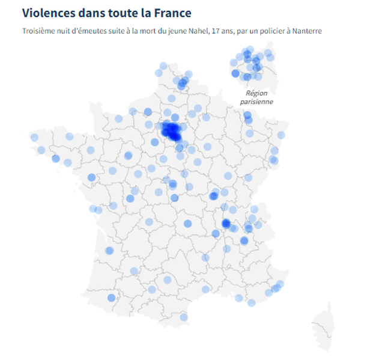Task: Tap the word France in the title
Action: pos(170,13)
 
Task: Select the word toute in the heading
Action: pos(124,13)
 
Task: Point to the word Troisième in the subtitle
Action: pos(39,31)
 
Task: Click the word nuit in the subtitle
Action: pos(67,31)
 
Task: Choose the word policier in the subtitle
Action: pos(275,31)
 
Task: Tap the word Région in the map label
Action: pos(256,93)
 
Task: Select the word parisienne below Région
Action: pos(256,102)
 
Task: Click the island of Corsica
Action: pos(323,328)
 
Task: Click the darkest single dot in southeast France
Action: pos(226,224)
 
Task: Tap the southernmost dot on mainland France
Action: pos(184,317)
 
